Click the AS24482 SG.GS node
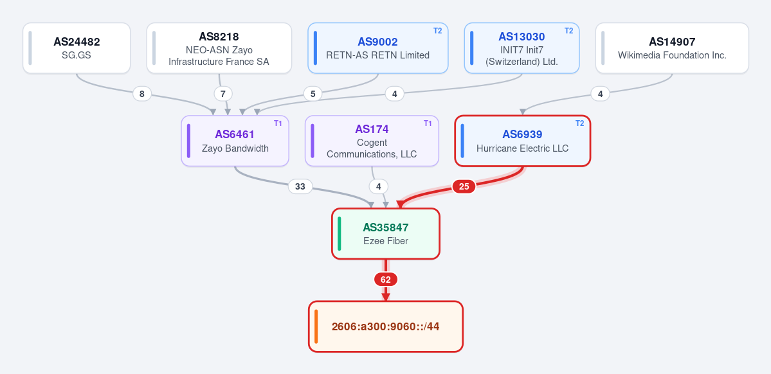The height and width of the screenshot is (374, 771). pos(77,48)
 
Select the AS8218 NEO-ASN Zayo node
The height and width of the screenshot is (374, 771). pos(219,48)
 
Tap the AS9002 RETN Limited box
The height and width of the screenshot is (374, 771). pos(378,48)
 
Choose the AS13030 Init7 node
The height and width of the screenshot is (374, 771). pos(522,48)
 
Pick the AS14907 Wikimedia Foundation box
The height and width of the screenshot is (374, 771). pos(672,48)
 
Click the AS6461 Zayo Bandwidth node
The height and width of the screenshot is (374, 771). pos(235,141)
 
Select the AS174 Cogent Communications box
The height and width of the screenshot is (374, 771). pos(372,141)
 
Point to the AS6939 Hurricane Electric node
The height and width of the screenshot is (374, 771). pos(523,141)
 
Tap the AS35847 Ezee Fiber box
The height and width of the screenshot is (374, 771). pos(386,234)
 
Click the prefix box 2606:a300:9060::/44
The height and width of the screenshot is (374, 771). pos(386,327)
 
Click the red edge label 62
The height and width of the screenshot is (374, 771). pos(386,280)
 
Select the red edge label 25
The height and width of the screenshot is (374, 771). pos(464,187)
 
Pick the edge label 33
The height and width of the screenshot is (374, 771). pos(300,187)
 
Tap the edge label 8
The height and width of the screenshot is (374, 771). pos(142,94)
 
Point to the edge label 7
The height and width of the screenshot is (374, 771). pos(222,94)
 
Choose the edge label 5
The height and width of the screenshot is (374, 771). pos(313,94)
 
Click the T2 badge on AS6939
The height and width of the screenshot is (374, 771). pos(580,123)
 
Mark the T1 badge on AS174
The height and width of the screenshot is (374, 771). pos(428,123)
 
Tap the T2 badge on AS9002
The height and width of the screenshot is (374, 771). pos(438,30)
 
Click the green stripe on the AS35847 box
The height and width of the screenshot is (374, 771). pos(340,234)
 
